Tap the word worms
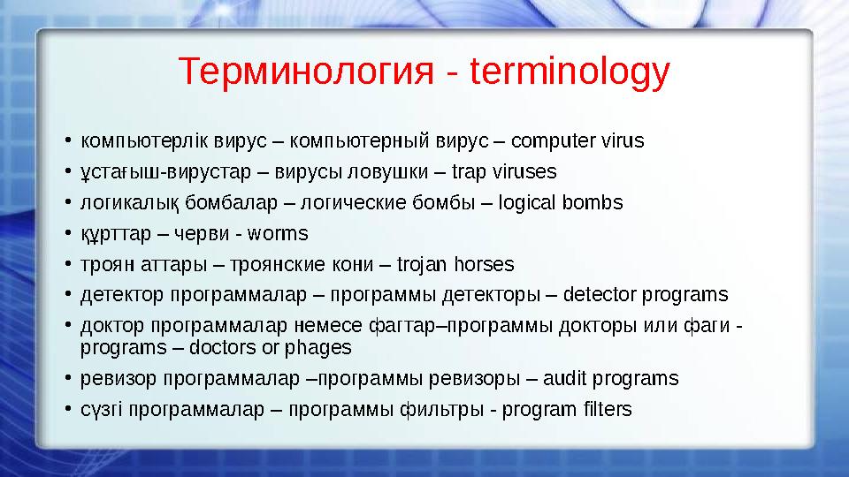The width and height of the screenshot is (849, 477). [x=279, y=234]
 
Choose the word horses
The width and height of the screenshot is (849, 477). [x=484, y=265]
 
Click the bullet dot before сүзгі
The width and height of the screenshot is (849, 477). [x=67, y=411]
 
